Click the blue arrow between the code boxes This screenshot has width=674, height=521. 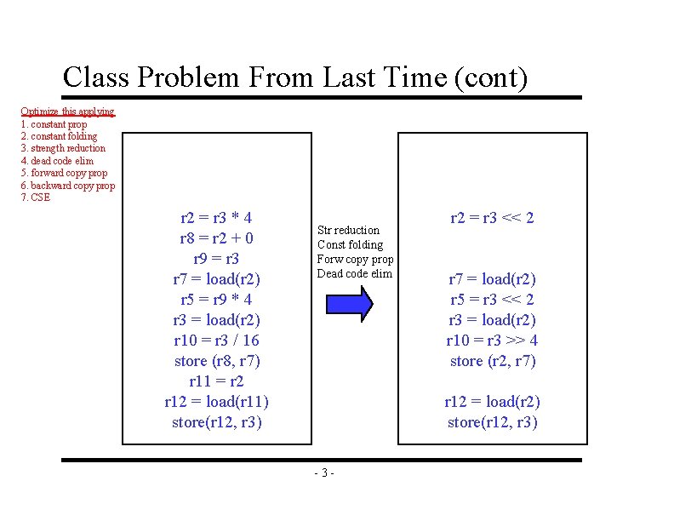349,303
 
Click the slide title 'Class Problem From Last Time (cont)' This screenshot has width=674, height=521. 295,77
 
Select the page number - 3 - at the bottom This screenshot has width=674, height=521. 324,473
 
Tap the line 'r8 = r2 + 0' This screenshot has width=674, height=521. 216,238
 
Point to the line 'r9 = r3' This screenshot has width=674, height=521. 216,259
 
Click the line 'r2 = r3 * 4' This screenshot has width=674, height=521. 216,218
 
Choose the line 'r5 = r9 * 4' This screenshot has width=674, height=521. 216,300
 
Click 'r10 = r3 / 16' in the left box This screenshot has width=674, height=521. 216,341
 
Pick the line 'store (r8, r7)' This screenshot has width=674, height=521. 216,361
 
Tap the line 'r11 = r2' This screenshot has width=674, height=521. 216,381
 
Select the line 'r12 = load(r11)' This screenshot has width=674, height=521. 216,402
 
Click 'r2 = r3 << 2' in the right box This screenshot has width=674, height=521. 492,218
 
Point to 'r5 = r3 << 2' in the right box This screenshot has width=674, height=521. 492,300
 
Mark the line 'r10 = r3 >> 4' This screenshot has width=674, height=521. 492,341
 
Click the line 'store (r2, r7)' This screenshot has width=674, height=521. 492,361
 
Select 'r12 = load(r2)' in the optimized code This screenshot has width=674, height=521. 492,402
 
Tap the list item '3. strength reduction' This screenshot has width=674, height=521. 63,148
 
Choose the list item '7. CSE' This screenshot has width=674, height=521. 36,198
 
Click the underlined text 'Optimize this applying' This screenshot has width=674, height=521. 67,112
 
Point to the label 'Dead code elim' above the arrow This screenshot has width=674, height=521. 354,273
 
